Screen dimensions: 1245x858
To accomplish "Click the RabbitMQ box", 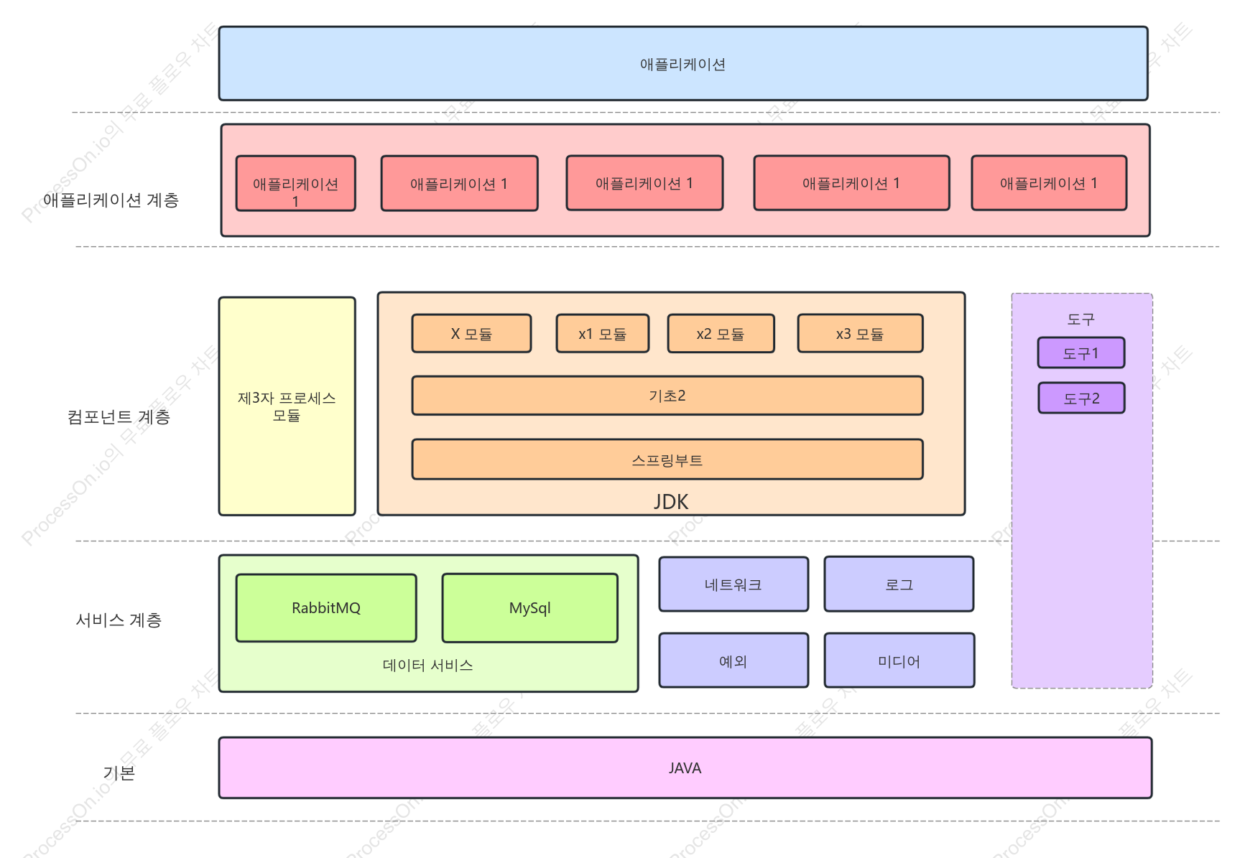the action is pos(326,607).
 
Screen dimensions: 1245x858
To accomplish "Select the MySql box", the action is pos(530,607).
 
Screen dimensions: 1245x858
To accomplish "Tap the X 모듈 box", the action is pos(471,333).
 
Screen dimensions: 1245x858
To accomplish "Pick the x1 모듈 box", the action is pos(603,333).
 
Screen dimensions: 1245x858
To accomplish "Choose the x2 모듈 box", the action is pos(721,333).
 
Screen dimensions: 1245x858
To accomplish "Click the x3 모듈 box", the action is pos(861,333).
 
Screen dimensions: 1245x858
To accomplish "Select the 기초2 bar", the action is pos(667,396).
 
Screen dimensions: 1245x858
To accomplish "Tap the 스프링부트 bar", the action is pos(667,460).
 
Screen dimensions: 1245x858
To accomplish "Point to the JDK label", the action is pos(671,501).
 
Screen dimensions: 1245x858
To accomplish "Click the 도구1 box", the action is pos(1081,353).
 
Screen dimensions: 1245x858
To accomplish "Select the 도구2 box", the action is pos(1081,398).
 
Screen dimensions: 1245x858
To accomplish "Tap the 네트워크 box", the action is pos(733,584).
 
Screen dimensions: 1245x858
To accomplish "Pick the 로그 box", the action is pos(899,584).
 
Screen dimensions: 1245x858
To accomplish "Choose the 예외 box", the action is pos(733,661).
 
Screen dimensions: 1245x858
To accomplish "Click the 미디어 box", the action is pos(899,661).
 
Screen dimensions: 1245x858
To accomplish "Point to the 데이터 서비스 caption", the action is pos(427,666).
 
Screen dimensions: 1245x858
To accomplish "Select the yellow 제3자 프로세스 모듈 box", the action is pos(287,406).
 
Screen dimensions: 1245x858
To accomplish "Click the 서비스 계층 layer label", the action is pos(119,620).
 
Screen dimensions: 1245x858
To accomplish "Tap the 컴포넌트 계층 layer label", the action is pos(119,417).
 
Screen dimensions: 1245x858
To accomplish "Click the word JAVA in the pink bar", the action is pos(685,768).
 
